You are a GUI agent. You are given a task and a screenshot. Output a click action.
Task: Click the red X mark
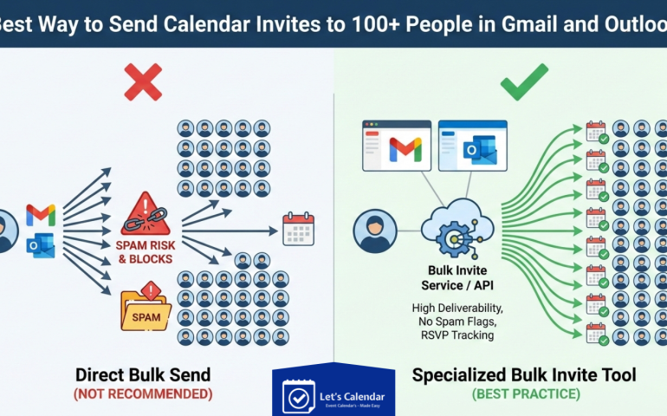[142, 82]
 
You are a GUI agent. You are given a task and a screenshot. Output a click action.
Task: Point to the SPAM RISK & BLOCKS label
[145, 252]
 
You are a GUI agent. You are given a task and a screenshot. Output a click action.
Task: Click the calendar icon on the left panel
[298, 230]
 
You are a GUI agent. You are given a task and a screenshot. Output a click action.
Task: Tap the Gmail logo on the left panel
[41, 214]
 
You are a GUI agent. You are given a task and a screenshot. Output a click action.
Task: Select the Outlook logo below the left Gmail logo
[41, 245]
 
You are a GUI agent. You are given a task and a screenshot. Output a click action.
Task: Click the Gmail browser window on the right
[396, 146]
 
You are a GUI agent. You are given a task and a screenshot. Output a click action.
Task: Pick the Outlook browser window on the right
[472, 146]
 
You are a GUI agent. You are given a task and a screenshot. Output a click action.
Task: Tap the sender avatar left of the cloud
[375, 232]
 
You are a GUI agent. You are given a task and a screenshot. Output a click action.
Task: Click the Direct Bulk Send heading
[142, 374]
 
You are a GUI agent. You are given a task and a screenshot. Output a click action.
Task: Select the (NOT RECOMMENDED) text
[142, 393]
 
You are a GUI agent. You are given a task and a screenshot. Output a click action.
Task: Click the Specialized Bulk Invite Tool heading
[524, 374]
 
